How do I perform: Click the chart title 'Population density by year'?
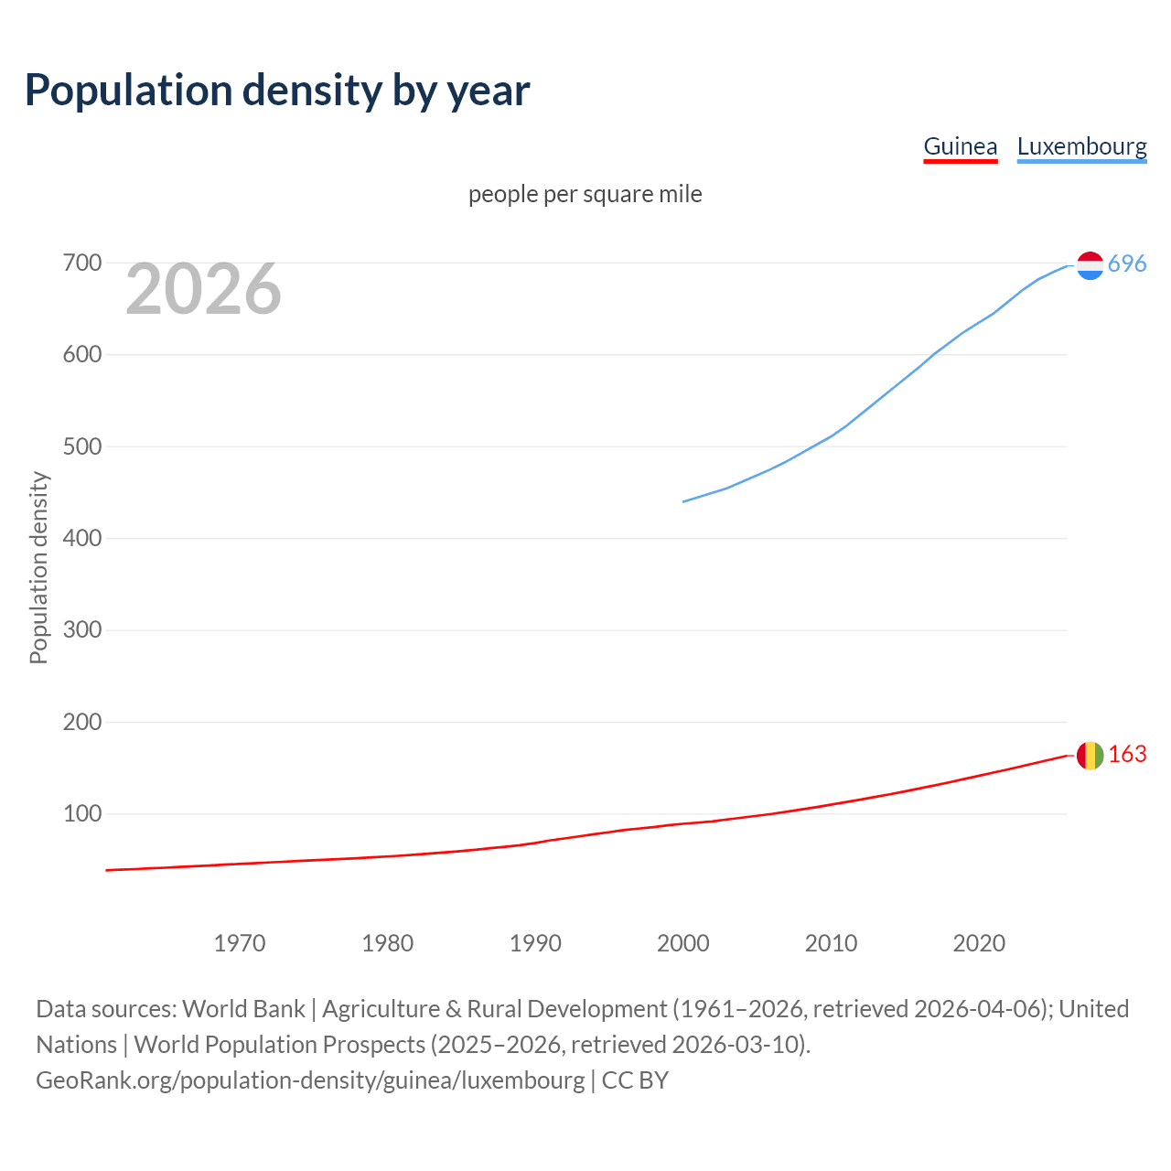pyautogui.click(x=277, y=90)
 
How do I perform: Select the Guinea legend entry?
pyautogui.click(x=960, y=146)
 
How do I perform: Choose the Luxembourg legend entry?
pyautogui.click(x=1081, y=146)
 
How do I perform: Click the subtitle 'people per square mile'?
pyautogui.click(x=585, y=194)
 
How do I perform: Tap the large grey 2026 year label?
pyautogui.click(x=203, y=289)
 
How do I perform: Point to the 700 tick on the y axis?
pyautogui.click(x=81, y=263)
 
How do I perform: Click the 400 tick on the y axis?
pyautogui.click(x=81, y=539)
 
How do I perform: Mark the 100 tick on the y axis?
pyautogui.click(x=81, y=813)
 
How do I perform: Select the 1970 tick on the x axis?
pyautogui.click(x=240, y=943)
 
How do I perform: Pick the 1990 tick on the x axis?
pyautogui.click(x=535, y=943)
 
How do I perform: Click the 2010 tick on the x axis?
pyautogui.click(x=831, y=943)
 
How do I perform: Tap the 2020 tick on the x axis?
pyautogui.click(x=979, y=943)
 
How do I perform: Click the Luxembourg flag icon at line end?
pyautogui.click(x=1090, y=265)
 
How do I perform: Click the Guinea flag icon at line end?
pyautogui.click(x=1090, y=756)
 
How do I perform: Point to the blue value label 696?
pyautogui.click(x=1127, y=264)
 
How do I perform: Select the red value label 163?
pyautogui.click(x=1127, y=754)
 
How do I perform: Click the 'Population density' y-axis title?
pyautogui.click(x=38, y=567)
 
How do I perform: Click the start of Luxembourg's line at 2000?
pyautogui.click(x=683, y=501)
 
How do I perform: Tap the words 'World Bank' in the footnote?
pyautogui.click(x=243, y=1009)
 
